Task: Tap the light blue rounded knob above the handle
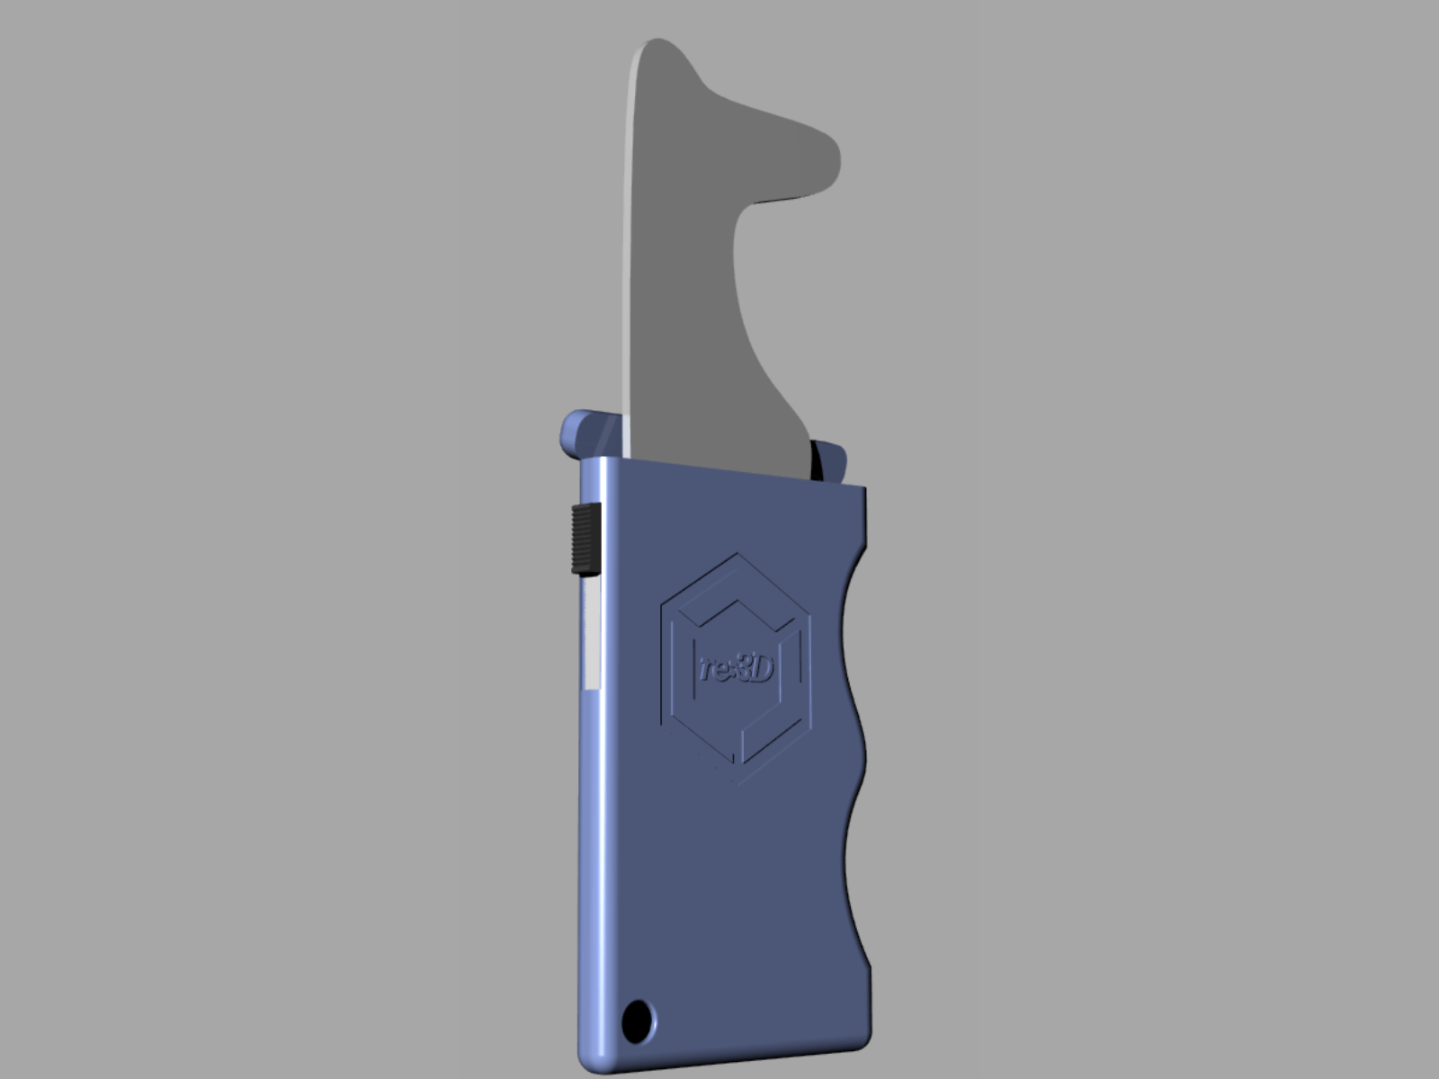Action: [576, 433]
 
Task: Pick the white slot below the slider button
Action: [592, 634]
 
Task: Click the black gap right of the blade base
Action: [818, 459]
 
